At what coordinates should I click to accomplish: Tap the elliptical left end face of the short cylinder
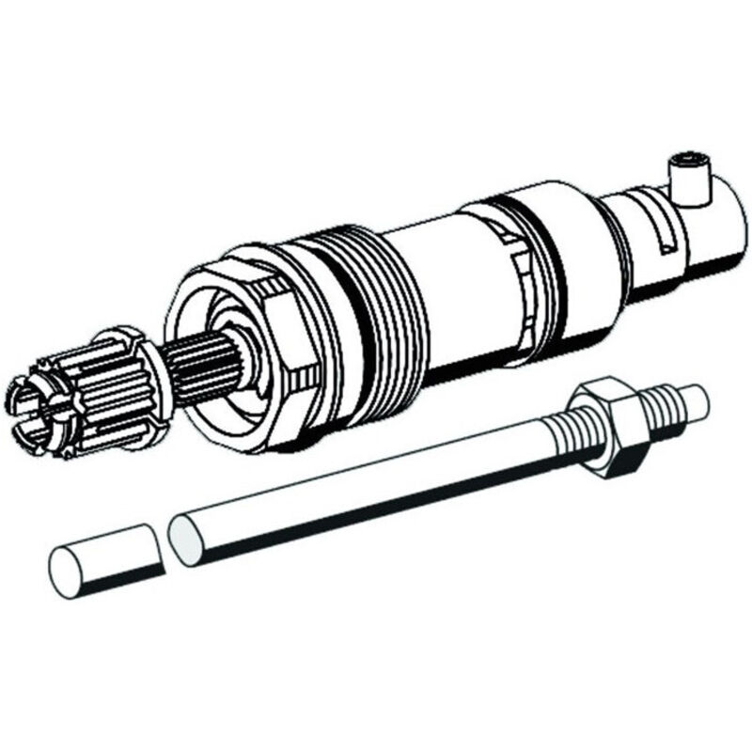click(66, 570)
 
